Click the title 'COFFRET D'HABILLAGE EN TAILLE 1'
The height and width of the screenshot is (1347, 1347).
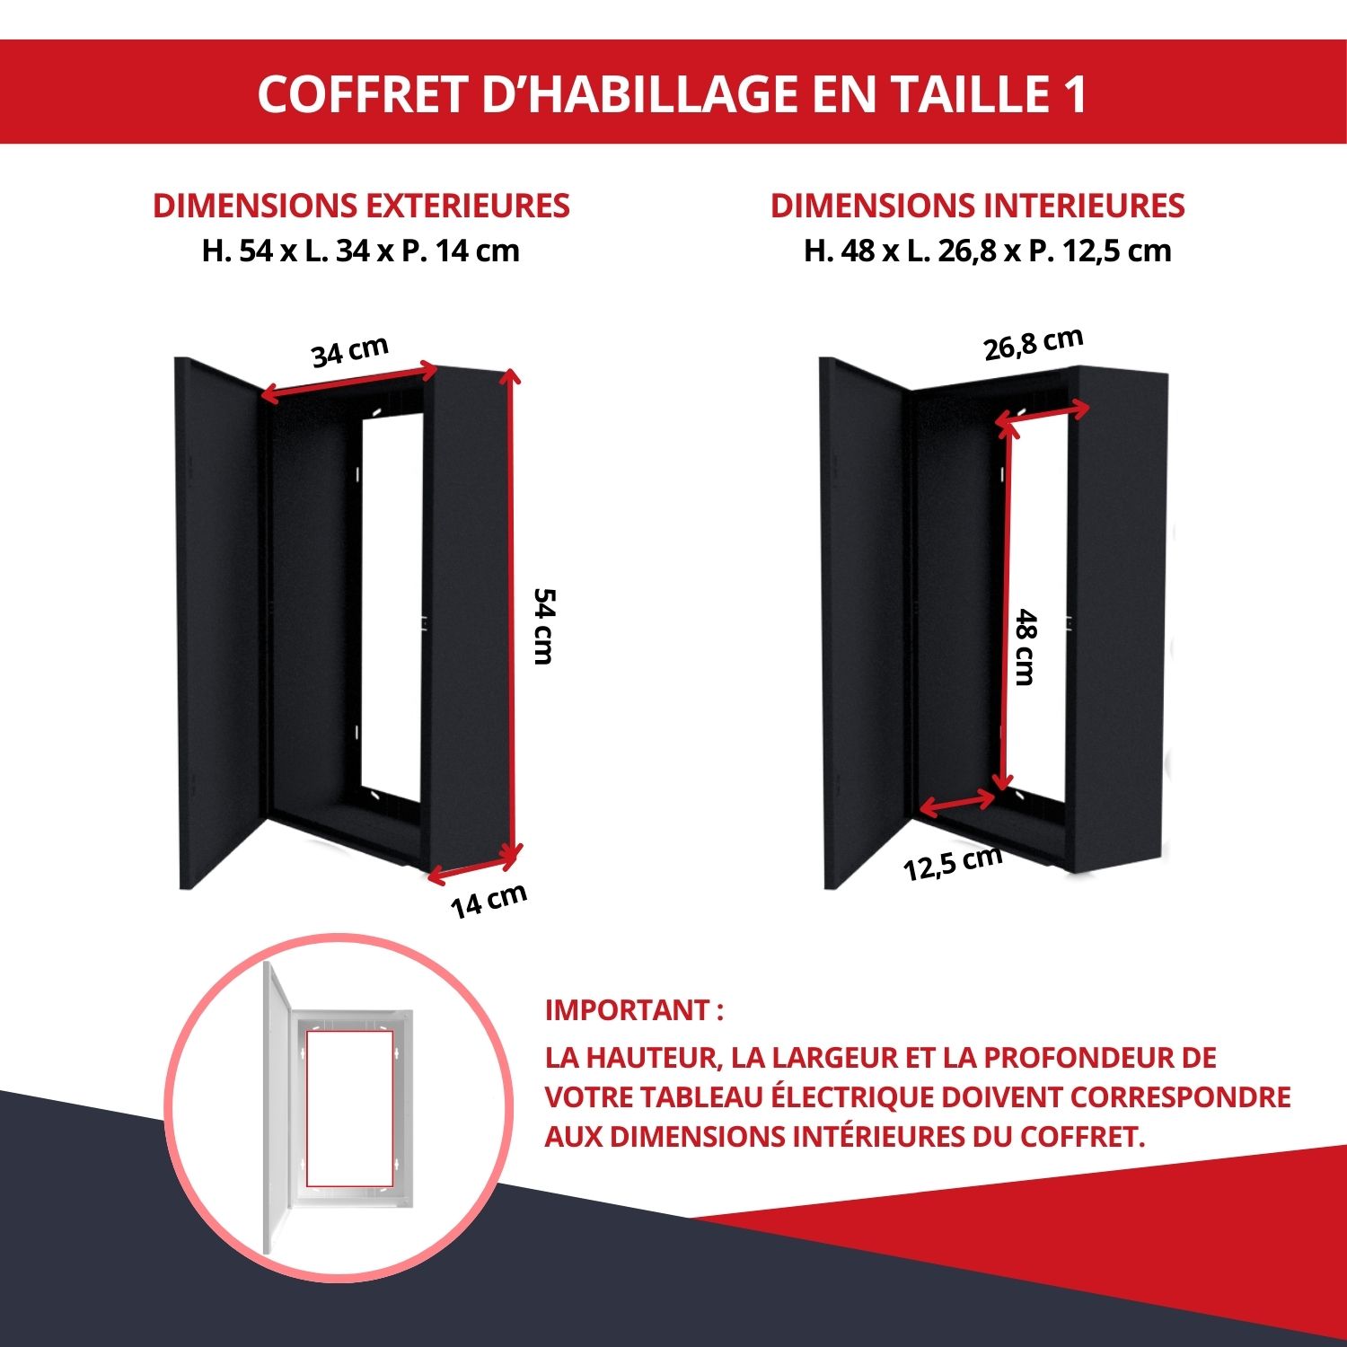tap(673, 93)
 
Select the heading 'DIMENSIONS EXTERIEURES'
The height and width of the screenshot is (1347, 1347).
tap(361, 206)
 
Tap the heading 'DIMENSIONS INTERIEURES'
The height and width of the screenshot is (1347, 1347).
tap(977, 206)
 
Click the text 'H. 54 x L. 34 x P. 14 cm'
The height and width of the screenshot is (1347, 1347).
tap(361, 251)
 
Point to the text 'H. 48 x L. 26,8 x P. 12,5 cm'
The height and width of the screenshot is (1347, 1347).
tap(988, 251)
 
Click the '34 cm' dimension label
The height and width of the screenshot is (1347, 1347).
tap(350, 352)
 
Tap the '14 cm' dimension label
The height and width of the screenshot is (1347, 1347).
tap(489, 902)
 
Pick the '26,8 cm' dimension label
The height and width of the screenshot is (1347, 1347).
tap(1034, 344)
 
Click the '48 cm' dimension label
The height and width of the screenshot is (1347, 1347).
tap(1026, 647)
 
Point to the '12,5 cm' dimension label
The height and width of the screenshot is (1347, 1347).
tap(953, 863)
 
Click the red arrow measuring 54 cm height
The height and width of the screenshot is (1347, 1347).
tap(512, 614)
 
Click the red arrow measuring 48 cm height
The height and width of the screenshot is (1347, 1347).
tap(1006, 606)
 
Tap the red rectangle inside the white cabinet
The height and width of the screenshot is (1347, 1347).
tap(349, 1108)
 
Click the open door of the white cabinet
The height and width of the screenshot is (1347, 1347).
tap(276, 1108)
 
